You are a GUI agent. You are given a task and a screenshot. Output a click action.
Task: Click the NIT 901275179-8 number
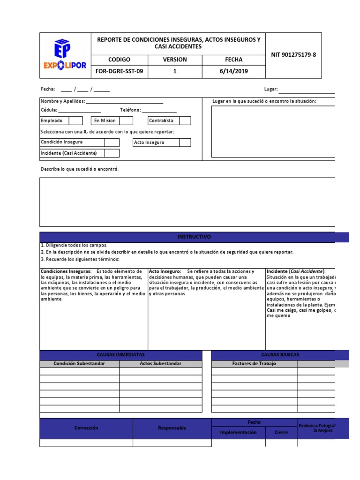[x=293, y=54]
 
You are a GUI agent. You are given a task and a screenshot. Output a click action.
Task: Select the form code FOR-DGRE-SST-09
[x=119, y=71]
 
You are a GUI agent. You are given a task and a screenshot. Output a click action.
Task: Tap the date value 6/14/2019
[x=233, y=71]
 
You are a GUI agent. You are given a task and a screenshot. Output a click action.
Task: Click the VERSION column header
[x=174, y=60]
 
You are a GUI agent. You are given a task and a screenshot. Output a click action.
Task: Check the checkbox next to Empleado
[x=75, y=120]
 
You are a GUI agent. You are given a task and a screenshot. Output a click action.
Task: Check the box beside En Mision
[x=126, y=120]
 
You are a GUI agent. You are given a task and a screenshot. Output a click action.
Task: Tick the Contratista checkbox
[x=185, y=120]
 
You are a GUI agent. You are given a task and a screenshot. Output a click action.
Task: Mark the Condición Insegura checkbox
[x=112, y=142]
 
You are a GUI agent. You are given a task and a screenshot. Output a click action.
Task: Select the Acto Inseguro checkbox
[x=185, y=142]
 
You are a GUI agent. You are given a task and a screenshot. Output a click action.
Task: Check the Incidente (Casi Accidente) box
[x=112, y=153]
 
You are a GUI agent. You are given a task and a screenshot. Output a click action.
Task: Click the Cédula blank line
[x=79, y=111]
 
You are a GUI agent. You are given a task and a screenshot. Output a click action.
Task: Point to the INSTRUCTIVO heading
[x=194, y=237]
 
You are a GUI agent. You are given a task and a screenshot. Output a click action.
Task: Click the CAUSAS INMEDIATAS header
[x=120, y=355]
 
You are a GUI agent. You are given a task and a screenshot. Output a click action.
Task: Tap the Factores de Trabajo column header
[x=254, y=363]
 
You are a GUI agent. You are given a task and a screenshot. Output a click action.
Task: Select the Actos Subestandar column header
[x=160, y=363]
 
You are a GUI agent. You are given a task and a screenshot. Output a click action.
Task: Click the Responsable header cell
[x=172, y=428]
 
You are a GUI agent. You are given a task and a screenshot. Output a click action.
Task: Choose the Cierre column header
[x=281, y=432]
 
